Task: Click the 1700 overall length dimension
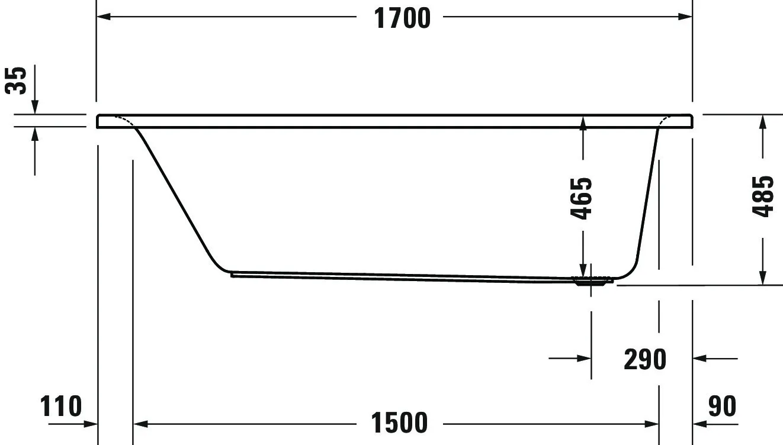point(402,18)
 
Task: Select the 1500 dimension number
point(399,423)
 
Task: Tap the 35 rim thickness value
point(16,80)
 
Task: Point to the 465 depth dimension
point(581,199)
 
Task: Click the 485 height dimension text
point(763,197)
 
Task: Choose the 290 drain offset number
point(645,359)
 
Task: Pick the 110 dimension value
point(61,406)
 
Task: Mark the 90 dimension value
point(722,406)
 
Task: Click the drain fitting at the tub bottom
point(592,280)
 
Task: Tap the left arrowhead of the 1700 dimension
point(104,17)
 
